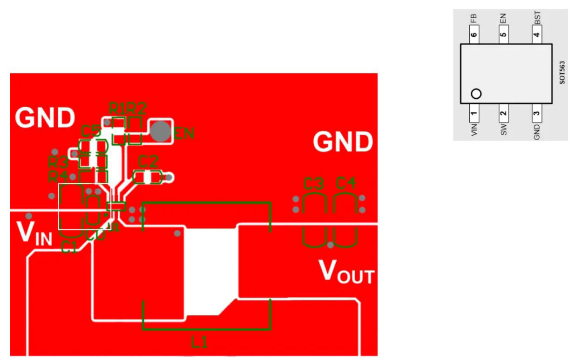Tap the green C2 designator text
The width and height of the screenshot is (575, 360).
(x=148, y=162)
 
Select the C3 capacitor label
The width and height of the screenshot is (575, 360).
(x=314, y=183)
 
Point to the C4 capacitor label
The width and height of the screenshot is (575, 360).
(x=346, y=183)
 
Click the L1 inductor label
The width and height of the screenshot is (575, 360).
(x=200, y=343)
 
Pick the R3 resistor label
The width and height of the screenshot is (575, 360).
(x=59, y=162)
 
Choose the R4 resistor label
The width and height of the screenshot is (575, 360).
(x=59, y=177)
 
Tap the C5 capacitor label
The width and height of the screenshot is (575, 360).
(x=91, y=130)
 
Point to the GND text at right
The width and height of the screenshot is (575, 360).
(x=343, y=142)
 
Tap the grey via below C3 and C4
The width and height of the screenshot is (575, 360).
(x=330, y=245)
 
